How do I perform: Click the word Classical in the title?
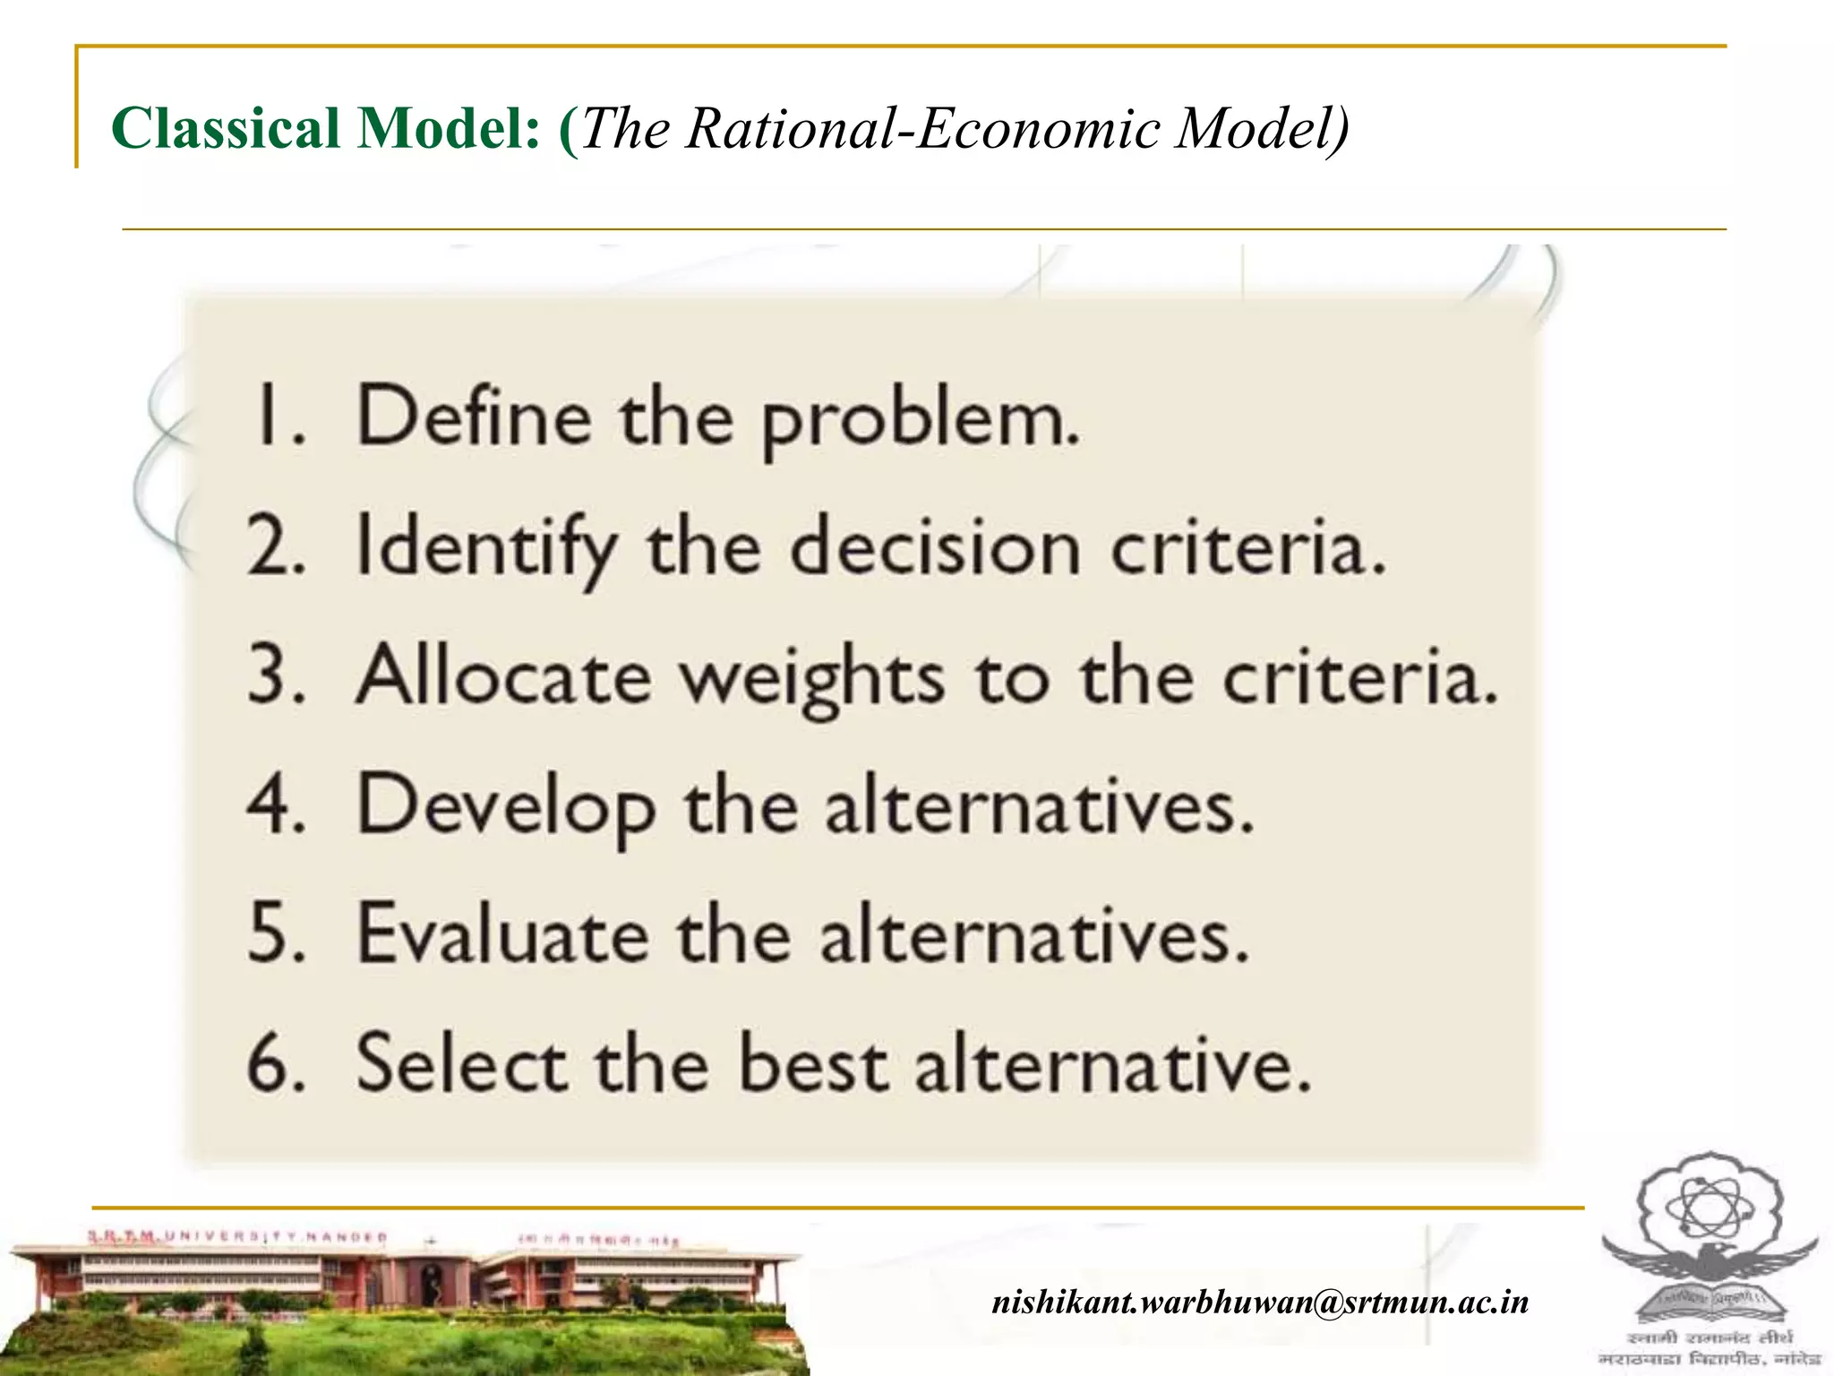pos(225,128)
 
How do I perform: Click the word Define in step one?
pos(474,416)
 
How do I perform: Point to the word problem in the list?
pos(920,421)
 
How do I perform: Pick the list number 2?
pos(275,546)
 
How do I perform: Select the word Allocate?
pos(503,676)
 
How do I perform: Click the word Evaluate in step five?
pos(502,933)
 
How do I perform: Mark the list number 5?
pos(275,934)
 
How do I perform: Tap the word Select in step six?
pos(460,1063)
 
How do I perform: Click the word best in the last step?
pos(813,1063)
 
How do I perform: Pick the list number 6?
pos(275,1064)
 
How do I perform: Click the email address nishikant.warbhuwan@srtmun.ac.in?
pos(1260,1301)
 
